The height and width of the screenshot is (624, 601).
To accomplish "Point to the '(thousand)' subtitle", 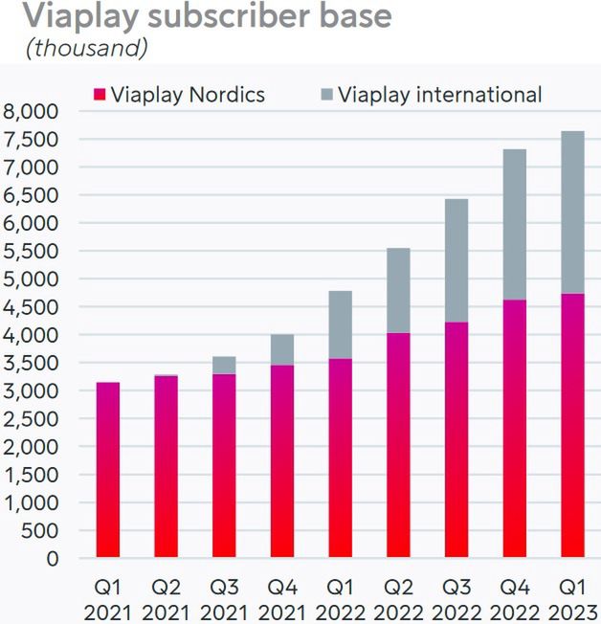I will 89,48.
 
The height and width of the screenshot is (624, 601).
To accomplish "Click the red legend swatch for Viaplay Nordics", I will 99,95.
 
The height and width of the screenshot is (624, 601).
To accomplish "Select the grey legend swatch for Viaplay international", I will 325,95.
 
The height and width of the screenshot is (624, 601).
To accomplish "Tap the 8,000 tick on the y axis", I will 32,111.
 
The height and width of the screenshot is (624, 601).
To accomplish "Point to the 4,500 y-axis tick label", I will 32,307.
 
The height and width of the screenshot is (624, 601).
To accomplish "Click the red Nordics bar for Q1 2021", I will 107,470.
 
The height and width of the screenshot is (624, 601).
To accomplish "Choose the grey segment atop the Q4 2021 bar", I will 281,350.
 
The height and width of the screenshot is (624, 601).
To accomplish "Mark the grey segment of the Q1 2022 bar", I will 340,324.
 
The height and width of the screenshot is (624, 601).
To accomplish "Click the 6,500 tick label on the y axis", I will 32,195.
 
